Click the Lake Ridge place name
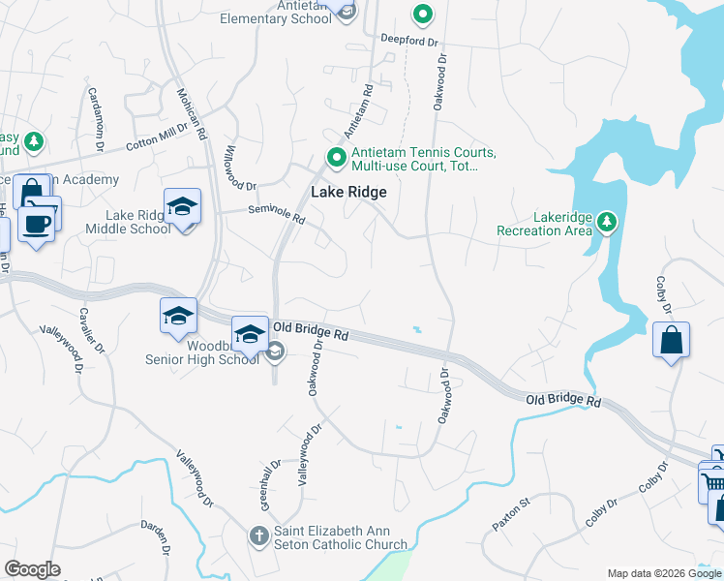[x=348, y=193]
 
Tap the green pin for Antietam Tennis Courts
[x=336, y=157]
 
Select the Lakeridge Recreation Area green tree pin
[x=607, y=223]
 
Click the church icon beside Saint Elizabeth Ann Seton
[x=258, y=535]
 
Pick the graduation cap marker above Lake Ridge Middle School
[x=182, y=206]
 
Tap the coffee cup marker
[x=36, y=223]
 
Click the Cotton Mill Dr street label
[x=157, y=138]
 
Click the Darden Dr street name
[x=164, y=537]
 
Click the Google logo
[x=32, y=569]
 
